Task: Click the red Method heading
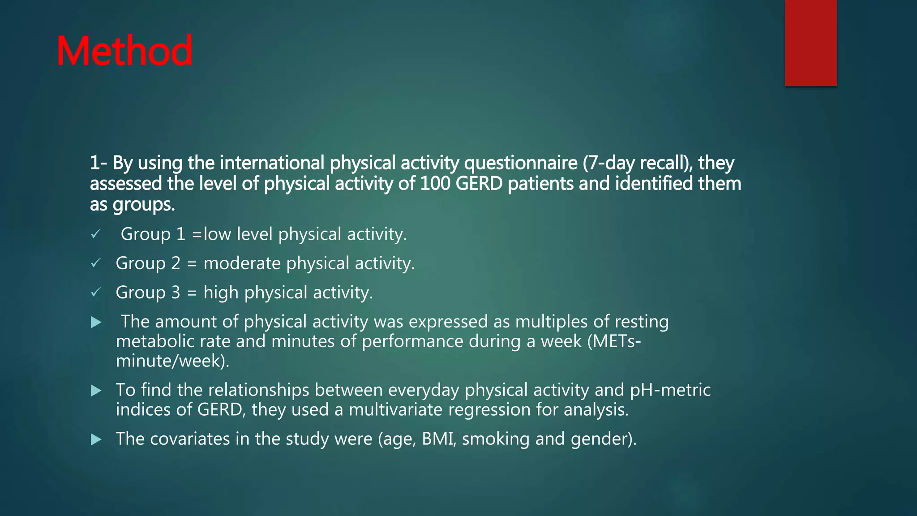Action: click(124, 51)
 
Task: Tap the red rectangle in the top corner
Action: click(810, 43)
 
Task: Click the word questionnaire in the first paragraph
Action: click(521, 163)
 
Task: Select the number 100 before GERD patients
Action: click(435, 184)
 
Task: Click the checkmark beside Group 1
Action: click(96, 234)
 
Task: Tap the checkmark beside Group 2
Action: click(96, 263)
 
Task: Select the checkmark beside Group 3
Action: click(96, 292)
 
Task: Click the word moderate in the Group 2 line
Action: click(242, 263)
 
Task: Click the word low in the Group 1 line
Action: click(217, 234)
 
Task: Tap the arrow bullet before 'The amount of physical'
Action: click(96, 322)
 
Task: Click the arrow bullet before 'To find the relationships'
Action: click(96, 391)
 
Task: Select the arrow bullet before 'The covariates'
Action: click(96, 439)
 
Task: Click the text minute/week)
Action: click(172, 361)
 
